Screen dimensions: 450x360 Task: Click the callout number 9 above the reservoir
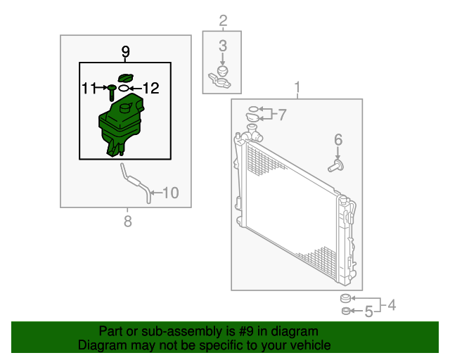[125, 51]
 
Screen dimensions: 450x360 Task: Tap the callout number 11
[89, 88]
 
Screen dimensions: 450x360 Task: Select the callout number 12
[151, 88]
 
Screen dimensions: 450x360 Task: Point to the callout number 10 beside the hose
[171, 193]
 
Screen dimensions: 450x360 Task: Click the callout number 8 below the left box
[128, 221]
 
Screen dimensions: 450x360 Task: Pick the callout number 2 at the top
[223, 20]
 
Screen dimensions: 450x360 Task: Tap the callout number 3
[223, 46]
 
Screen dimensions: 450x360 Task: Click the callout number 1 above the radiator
[297, 87]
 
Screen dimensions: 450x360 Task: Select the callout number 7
[283, 115]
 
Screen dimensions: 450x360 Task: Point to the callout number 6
[338, 140]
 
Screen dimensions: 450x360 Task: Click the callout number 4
[392, 305]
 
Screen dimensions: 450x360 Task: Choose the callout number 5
[368, 311]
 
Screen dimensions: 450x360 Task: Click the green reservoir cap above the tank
[126, 77]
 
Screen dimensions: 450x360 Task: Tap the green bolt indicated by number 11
[112, 92]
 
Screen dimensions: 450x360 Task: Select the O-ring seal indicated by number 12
[124, 88]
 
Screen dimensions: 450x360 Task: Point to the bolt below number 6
[336, 167]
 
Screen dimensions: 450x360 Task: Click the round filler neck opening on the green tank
[125, 108]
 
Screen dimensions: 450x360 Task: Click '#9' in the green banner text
[246, 331]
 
